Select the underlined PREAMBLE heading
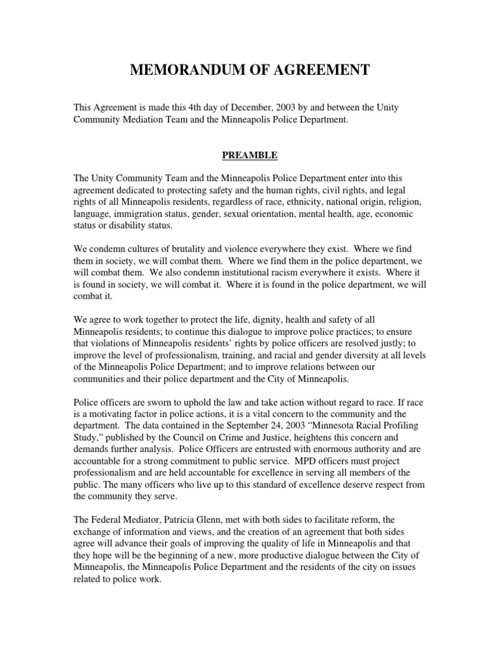[x=251, y=156]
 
